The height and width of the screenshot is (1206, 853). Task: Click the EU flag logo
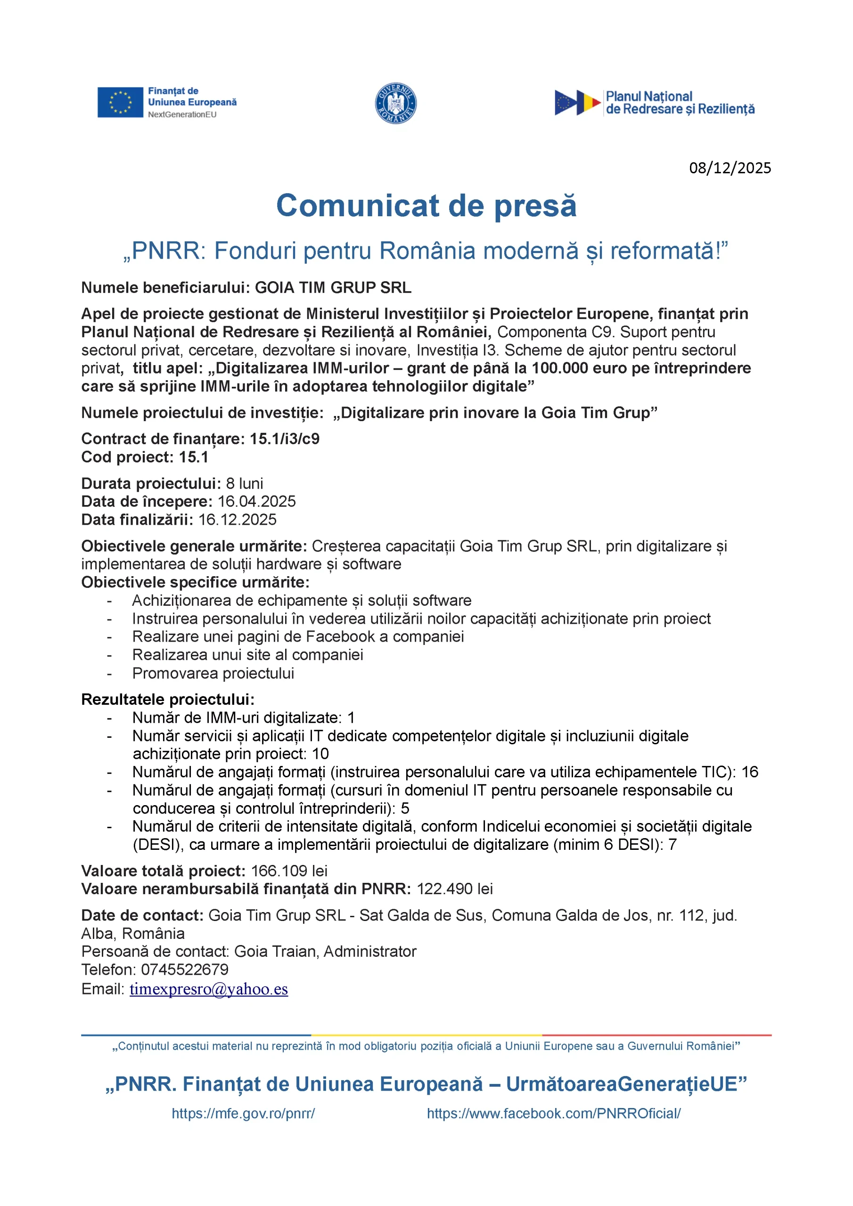point(120,102)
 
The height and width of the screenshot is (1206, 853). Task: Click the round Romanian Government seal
point(395,104)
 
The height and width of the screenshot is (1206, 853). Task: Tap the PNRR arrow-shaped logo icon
point(577,102)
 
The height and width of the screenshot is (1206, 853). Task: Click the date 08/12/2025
point(730,168)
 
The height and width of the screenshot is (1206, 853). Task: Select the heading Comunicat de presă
point(426,205)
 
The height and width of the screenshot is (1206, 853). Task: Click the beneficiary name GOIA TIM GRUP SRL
point(333,288)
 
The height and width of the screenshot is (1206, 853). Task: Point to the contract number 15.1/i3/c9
point(284,439)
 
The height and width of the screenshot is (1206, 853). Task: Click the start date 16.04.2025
point(256,501)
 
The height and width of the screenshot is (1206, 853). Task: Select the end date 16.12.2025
point(237,520)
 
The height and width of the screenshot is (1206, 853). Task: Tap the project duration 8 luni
point(245,483)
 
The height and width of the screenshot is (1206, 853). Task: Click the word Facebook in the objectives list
point(340,636)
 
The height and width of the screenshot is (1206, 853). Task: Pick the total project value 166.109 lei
point(289,871)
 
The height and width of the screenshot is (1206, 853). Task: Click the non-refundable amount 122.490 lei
point(455,889)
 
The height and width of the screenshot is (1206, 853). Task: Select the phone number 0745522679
point(184,970)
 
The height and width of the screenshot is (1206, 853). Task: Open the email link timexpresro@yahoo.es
point(209,989)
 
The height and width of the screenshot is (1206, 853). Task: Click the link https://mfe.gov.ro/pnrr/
point(243,1114)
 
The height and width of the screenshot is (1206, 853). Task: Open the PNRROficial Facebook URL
point(553,1114)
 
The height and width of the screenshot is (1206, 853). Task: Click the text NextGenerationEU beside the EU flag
point(182,114)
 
